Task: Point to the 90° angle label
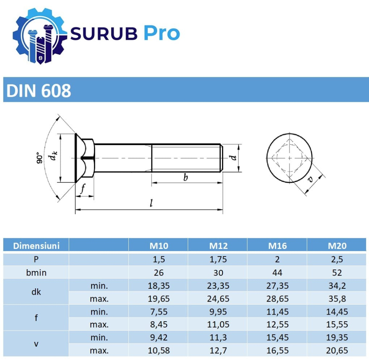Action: click(38, 158)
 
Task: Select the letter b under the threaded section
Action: click(186, 178)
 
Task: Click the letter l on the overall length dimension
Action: click(151, 203)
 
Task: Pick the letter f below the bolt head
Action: click(83, 189)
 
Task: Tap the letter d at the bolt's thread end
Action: click(233, 158)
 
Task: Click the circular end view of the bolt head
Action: click(289, 158)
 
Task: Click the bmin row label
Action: click(36, 272)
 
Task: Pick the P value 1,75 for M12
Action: click(218, 259)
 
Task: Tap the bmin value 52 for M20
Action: click(337, 272)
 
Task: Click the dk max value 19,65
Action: click(159, 298)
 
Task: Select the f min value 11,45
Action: click(277, 312)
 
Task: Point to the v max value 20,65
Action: click(337, 350)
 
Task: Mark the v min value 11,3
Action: click(218, 337)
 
